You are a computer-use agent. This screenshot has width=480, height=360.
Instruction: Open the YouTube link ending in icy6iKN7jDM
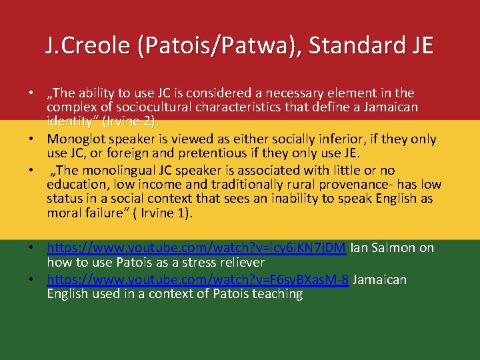click(x=196, y=249)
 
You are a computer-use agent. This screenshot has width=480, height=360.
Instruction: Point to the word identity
click(x=70, y=122)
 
